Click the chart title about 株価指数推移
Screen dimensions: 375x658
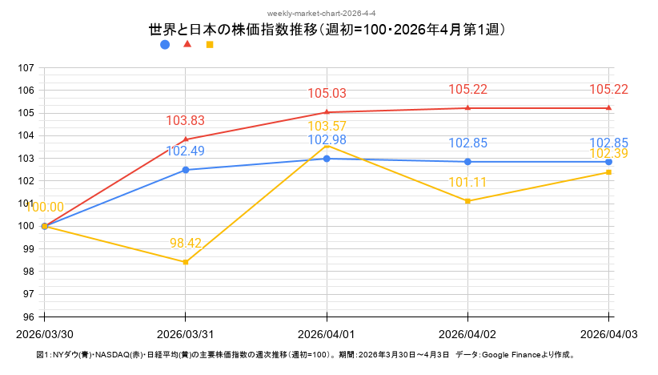coord(327,30)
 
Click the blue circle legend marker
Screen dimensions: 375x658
coord(165,45)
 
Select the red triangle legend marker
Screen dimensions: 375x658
coord(187,44)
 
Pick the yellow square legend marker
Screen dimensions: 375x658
coord(210,45)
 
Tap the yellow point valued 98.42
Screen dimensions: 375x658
coord(186,262)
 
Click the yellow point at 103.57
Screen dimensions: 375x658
coord(327,146)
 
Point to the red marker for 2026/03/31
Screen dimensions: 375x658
coord(186,139)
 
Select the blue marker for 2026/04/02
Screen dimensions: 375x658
coord(467,162)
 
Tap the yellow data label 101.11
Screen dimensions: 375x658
coord(467,183)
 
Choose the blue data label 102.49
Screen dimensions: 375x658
coord(186,151)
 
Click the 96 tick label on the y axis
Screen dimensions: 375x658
coord(27,317)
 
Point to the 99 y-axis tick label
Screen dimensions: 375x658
coord(27,248)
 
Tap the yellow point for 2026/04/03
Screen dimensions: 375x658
coord(608,172)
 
